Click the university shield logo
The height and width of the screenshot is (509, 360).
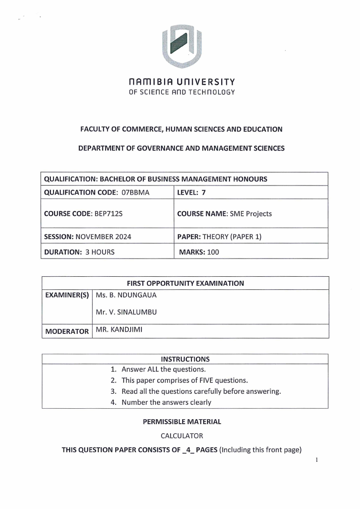click(182, 46)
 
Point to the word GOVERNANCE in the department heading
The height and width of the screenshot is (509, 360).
click(145, 148)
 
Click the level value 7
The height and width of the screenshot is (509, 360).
click(204, 192)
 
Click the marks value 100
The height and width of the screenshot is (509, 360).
click(213, 252)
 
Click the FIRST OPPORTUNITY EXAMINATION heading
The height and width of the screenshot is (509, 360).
click(185, 283)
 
